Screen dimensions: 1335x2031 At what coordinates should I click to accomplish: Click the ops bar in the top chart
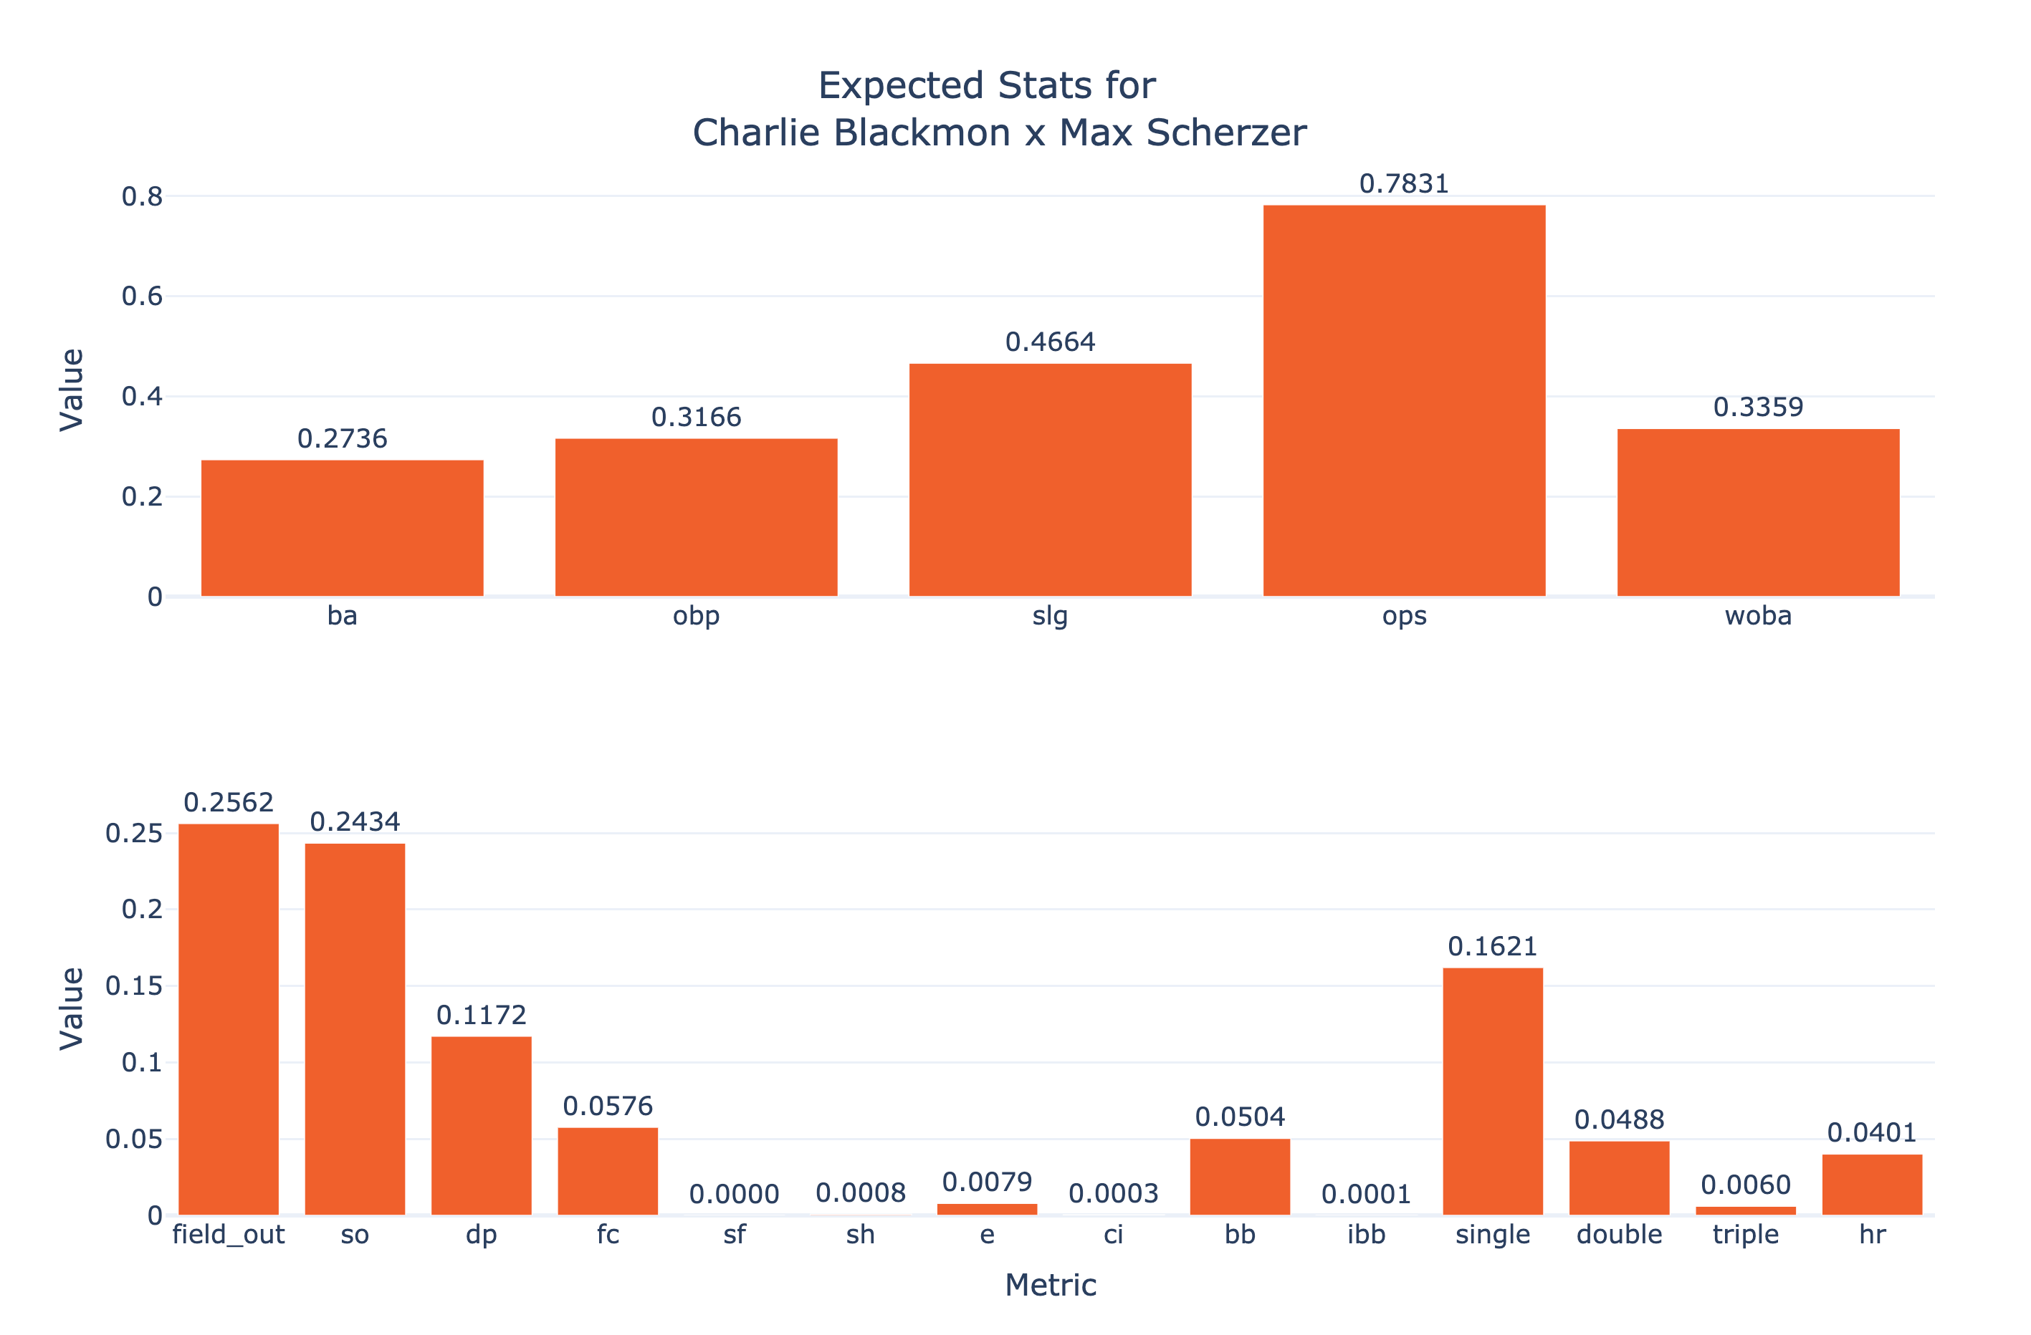click(x=1404, y=400)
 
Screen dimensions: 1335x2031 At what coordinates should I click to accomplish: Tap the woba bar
click(x=1758, y=512)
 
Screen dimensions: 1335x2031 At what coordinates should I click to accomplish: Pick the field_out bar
click(x=229, y=1018)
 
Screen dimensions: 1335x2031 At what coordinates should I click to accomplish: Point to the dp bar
click(x=482, y=1125)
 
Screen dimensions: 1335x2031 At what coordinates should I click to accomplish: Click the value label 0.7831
click(x=1404, y=184)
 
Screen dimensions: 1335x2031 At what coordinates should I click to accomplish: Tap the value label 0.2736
click(x=342, y=438)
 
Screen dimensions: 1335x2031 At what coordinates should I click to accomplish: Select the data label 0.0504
click(x=1240, y=1117)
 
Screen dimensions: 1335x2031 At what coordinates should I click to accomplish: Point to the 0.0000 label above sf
click(x=734, y=1194)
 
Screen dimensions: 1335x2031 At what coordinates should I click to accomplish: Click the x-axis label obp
click(x=697, y=616)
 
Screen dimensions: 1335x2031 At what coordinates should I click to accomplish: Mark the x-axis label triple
click(x=1746, y=1234)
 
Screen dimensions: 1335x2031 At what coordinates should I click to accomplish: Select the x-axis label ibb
click(x=1366, y=1234)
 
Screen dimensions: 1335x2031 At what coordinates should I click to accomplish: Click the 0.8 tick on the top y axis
click(x=142, y=197)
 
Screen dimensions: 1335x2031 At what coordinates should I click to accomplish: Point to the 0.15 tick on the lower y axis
click(x=133, y=986)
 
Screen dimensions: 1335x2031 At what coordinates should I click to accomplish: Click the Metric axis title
click(x=1051, y=1285)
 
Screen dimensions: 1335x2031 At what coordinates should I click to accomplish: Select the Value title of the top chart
click(x=72, y=390)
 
